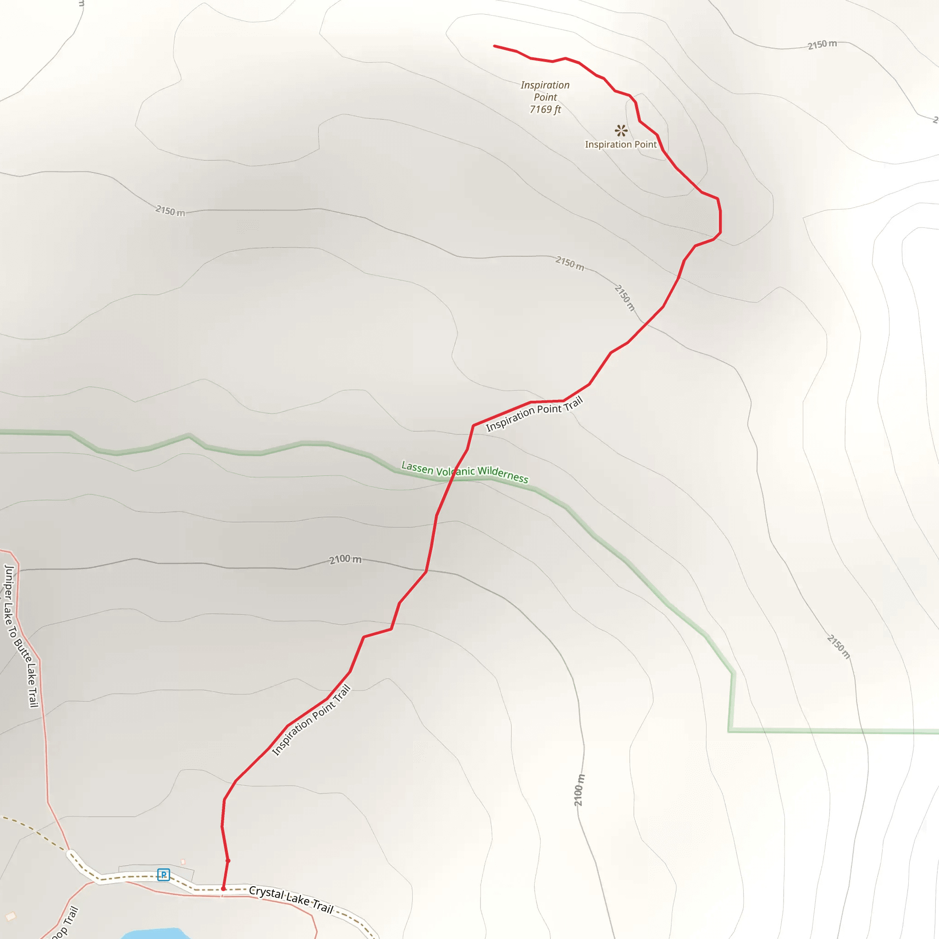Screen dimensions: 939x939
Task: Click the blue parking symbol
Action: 163,875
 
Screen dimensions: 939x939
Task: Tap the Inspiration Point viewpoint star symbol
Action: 621,130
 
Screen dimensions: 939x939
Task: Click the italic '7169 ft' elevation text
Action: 545,110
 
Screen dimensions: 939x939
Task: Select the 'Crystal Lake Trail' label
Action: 291,900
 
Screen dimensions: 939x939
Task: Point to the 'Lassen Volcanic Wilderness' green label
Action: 464,472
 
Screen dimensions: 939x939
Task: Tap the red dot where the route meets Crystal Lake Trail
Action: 224,889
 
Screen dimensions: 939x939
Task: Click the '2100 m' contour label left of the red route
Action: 345,559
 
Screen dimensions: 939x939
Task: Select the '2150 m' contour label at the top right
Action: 823,45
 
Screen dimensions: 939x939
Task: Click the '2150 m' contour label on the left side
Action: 170,211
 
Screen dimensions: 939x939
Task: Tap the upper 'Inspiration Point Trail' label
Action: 534,414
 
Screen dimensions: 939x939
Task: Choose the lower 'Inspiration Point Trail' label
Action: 311,720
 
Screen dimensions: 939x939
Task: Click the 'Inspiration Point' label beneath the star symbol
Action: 621,144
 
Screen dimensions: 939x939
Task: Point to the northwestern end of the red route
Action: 495,46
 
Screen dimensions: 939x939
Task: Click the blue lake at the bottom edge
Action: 155,934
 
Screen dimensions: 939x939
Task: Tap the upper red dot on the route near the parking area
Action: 228,861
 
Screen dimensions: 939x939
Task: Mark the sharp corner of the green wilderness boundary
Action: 729,730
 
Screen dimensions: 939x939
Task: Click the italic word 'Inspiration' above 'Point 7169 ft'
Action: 545,85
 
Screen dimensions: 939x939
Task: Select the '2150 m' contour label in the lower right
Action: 839,647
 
